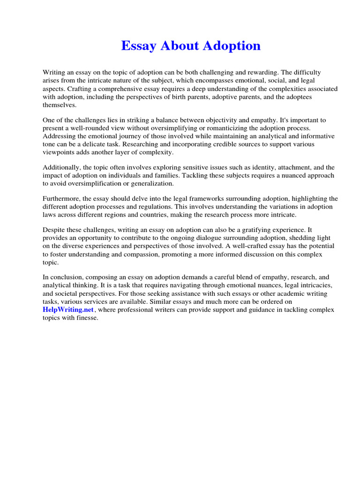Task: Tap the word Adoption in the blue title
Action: click(x=231, y=46)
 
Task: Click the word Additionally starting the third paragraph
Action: click(x=61, y=167)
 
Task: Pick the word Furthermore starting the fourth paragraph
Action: click(x=61, y=199)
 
